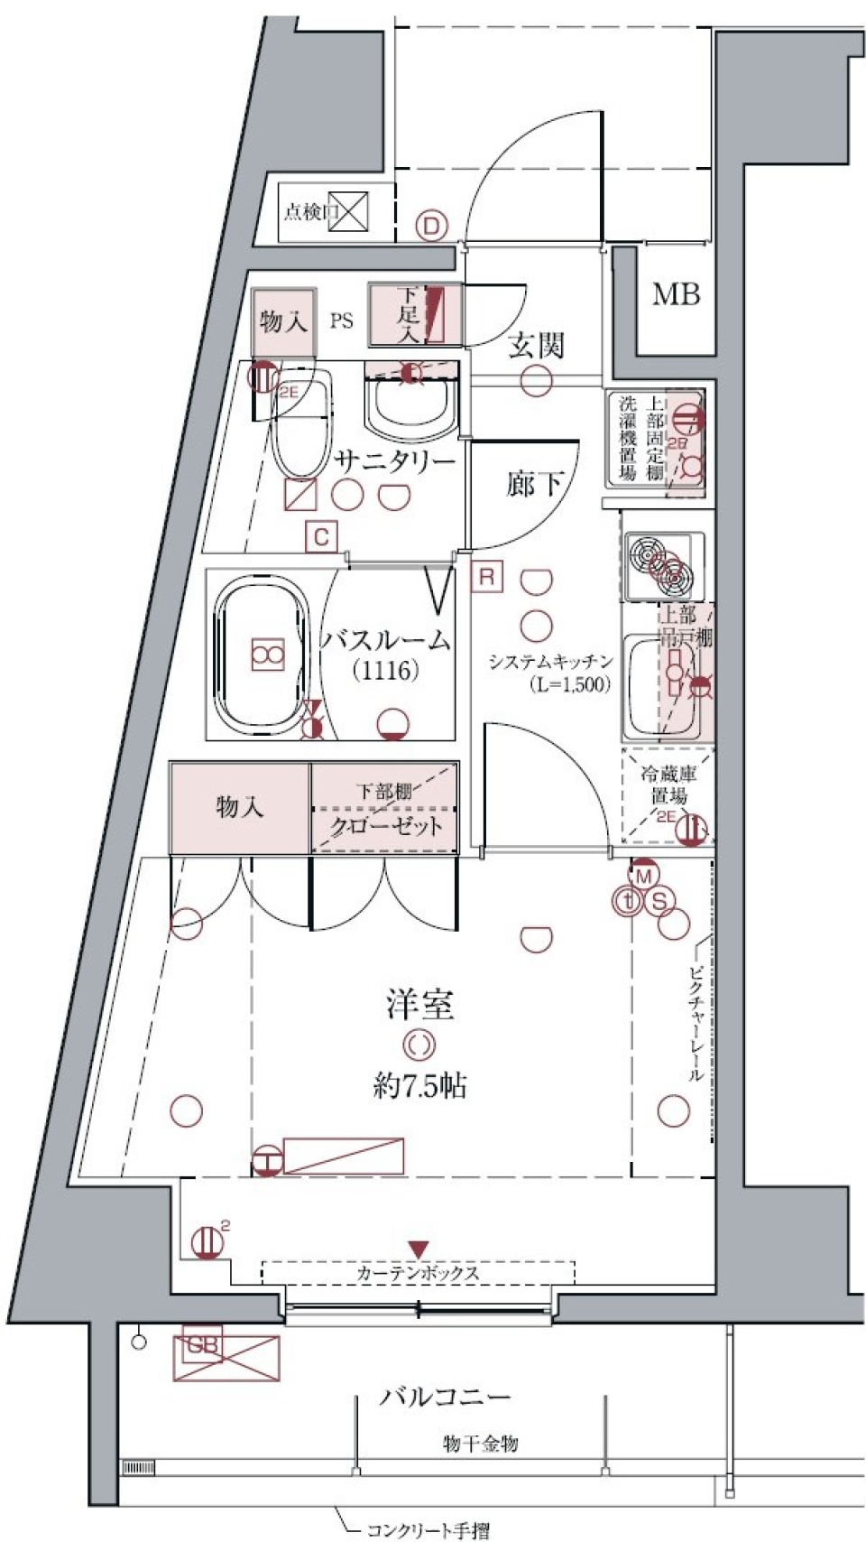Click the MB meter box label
click(x=676, y=294)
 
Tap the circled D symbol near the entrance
click(x=432, y=225)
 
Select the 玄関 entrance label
click(x=536, y=346)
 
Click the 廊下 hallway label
click(x=534, y=485)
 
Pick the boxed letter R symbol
click(x=486, y=576)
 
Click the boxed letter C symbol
click(x=320, y=538)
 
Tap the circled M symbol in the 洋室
click(x=643, y=876)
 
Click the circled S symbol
click(x=660, y=900)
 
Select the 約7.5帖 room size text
click(x=420, y=1086)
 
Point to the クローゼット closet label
click(x=386, y=826)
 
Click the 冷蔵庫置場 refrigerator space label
click(x=668, y=785)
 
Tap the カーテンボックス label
click(x=418, y=1273)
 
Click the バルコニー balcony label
click(x=446, y=1397)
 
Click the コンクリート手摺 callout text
click(x=428, y=1529)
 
